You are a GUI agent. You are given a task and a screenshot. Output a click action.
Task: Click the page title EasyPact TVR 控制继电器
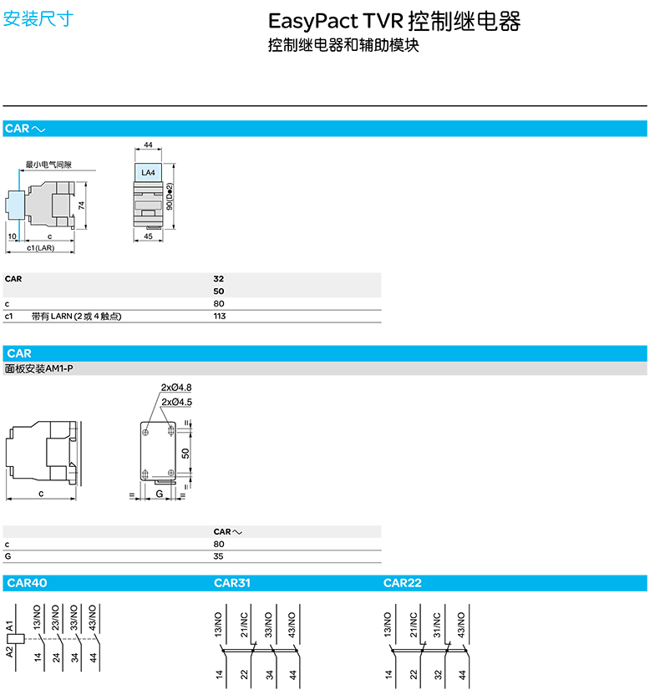pyautogui.click(x=393, y=22)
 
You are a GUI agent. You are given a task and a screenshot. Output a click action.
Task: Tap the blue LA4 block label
pyautogui.click(x=148, y=173)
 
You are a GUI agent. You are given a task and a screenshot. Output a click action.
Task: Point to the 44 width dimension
pyautogui.click(x=148, y=145)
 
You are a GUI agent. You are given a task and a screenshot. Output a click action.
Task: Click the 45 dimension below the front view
pyautogui.click(x=148, y=236)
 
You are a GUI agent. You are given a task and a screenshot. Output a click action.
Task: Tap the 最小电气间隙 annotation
pyautogui.click(x=48, y=165)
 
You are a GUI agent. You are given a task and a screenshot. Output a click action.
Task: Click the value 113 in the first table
pyautogui.click(x=220, y=316)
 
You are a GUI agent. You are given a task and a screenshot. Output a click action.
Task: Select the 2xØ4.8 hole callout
pyautogui.click(x=176, y=388)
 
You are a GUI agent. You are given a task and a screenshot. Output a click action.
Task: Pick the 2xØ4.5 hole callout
pyautogui.click(x=176, y=402)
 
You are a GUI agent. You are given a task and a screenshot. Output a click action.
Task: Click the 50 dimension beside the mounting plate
pyautogui.click(x=186, y=452)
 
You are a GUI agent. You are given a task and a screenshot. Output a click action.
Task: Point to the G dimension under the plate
pyautogui.click(x=159, y=494)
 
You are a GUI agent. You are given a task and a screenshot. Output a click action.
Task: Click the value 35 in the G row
pyautogui.click(x=219, y=555)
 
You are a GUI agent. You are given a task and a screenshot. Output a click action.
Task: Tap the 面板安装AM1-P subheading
pyautogui.click(x=38, y=368)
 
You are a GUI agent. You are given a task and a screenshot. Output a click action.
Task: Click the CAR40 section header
pyautogui.click(x=27, y=583)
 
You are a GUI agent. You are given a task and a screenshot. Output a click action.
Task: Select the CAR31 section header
pyautogui.click(x=231, y=583)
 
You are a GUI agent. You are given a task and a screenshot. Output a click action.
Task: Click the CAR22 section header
pyautogui.click(x=402, y=583)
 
